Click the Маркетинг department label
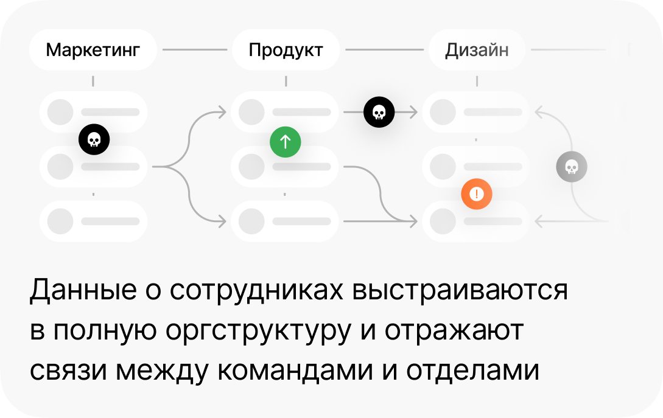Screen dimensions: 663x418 point(93,50)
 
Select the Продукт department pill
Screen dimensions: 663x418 point(286,50)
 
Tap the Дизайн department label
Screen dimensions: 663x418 point(477,50)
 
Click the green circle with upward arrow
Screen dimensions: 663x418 point(286,142)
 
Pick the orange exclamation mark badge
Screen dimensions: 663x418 point(477,195)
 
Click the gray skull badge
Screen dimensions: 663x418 point(571,166)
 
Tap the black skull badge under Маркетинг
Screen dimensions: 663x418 point(94,140)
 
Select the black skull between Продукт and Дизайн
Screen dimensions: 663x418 point(379,112)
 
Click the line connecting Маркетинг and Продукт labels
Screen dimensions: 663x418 point(194,50)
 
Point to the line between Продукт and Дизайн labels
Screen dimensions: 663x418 point(384,50)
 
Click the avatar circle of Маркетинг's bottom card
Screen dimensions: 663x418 point(61,220)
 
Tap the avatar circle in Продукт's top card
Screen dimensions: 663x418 point(251,112)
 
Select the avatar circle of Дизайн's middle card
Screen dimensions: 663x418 point(443,165)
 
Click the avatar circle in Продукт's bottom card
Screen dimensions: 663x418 point(251,220)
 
